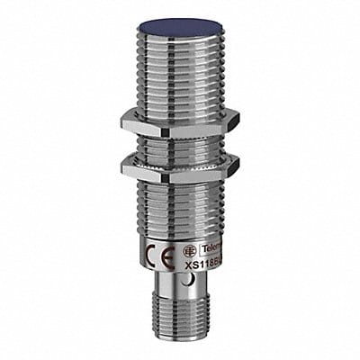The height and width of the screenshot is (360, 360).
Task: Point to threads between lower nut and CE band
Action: click(x=180, y=202)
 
